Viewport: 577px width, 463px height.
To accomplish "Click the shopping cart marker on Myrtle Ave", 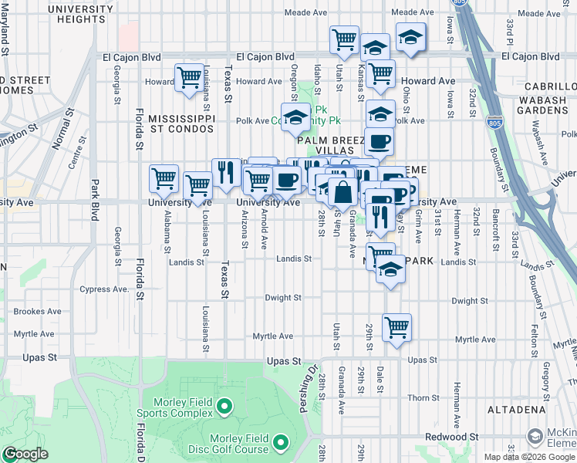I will coord(396,327).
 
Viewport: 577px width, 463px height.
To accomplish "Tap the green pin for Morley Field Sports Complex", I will coord(224,405).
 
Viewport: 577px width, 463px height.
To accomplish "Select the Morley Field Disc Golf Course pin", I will coord(281,443).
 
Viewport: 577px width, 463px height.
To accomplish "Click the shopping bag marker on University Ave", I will coord(342,191).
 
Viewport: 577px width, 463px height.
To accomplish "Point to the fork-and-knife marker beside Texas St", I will coord(225,173).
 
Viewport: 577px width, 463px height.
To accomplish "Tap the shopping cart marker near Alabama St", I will coord(164,179).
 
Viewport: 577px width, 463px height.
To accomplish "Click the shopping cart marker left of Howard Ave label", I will coord(189,78).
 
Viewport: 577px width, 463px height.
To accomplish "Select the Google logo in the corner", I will coord(25,454).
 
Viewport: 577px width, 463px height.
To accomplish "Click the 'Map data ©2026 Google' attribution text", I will coord(529,457).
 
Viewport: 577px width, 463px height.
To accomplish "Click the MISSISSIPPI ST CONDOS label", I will coord(181,123).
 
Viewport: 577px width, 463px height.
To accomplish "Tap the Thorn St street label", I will coord(423,398).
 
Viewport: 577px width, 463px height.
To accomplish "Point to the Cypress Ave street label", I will coord(103,290).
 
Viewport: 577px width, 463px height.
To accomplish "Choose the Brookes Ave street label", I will coord(37,312).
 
